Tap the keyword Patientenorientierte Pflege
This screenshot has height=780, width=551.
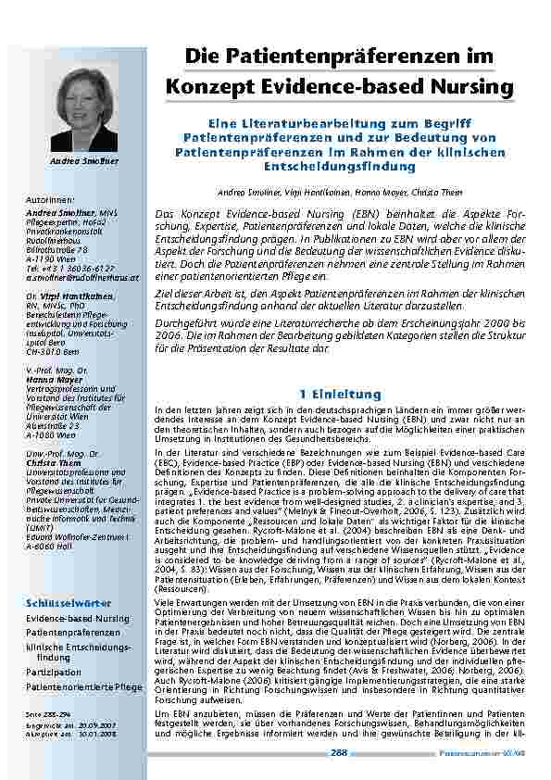[x=84, y=686]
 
